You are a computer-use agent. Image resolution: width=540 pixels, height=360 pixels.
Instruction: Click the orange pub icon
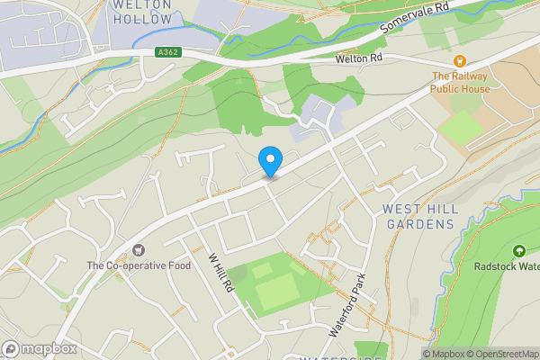point(459,61)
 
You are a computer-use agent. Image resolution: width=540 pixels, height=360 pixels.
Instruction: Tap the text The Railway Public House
point(459,83)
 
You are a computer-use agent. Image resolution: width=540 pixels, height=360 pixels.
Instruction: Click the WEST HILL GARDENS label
point(420,216)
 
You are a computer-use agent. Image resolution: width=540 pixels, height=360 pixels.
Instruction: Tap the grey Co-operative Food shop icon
point(139,249)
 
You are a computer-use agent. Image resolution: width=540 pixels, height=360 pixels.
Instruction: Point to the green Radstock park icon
point(518,251)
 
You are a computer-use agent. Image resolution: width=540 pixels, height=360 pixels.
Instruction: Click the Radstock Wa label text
point(506,266)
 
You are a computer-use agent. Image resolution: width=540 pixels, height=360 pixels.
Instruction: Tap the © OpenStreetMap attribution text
point(505,354)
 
